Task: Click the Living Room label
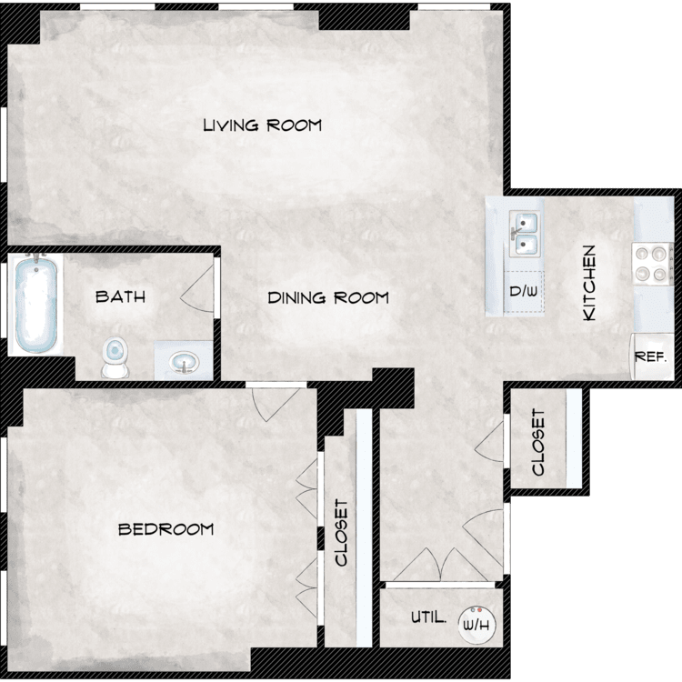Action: coord(263,125)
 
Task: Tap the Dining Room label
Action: coord(328,298)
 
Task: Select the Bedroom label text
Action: coord(166,529)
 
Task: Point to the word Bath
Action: coord(120,296)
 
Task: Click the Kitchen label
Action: coord(589,283)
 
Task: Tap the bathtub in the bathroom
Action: coord(36,303)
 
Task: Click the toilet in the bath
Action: coord(115,356)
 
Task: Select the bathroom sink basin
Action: coord(185,362)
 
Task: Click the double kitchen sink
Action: coord(525,234)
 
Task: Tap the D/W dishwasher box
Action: coord(524,291)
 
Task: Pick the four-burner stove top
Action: coord(651,264)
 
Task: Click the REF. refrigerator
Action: coord(651,356)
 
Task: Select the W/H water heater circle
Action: coord(476,625)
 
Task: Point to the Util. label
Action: coord(429,617)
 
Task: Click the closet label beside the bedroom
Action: coord(342,532)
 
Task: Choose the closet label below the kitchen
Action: coord(538,442)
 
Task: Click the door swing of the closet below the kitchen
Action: coord(489,442)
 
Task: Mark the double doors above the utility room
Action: coord(441,564)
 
